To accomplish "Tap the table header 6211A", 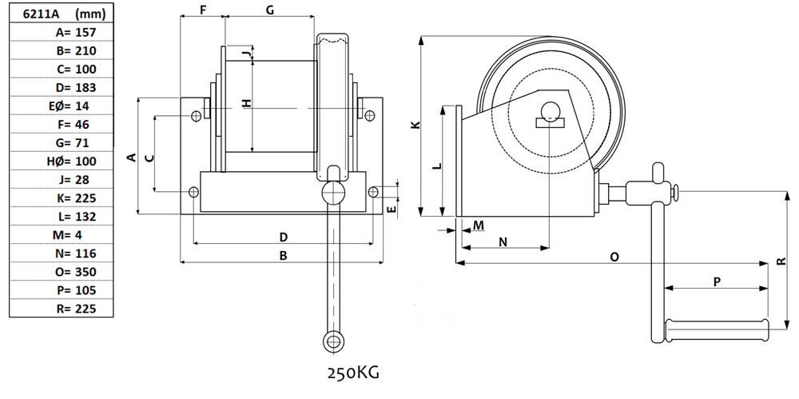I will point(33,14).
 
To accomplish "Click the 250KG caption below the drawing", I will point(352,373).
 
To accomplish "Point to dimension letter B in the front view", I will point(282,256).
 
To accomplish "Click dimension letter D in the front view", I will point(283,237).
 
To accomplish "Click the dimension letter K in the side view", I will point(414,126).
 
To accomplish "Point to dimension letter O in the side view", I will point(614,257).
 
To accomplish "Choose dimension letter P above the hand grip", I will point(717,281).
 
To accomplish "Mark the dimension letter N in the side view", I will point(503,241).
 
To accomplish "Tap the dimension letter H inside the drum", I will point(247,102).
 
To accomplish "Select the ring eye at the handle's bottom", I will point(332,341).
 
